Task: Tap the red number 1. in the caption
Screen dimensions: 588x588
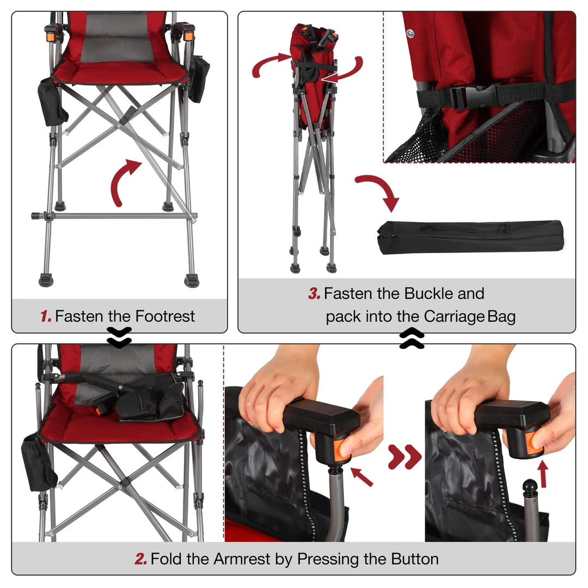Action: [46, 316]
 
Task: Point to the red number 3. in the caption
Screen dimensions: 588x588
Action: [314, 294]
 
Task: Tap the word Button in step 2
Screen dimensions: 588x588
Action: [414, 559]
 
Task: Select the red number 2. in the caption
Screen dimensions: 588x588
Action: [141, 559]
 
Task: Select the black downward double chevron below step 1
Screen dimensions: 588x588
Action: [119, 338]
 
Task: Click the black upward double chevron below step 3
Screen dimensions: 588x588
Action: [412, 339]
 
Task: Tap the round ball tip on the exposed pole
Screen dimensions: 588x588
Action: [530, 485]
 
